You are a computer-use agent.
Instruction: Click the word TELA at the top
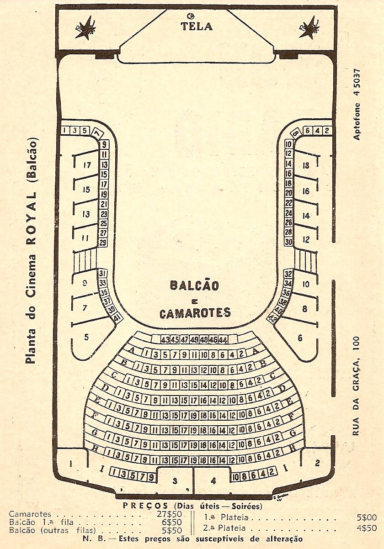tap(197, 26)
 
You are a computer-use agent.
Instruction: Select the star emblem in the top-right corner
tap(309, 28)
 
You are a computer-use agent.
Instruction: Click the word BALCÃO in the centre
tap(194, 286)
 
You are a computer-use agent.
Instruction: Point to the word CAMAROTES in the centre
tap(195, 313)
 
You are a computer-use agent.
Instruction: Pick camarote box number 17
tap(86, 165)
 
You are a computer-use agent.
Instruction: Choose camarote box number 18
tap(306, 165)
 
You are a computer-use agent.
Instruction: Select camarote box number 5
tap(87, 338)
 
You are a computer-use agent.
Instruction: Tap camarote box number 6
tap(300, 338)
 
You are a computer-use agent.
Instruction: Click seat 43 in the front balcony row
tap(165, 340)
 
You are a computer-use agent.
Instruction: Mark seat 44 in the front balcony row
tap(223, 340)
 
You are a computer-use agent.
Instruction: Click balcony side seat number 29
tap(103, 242)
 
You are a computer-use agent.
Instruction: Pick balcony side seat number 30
tap(288, 243)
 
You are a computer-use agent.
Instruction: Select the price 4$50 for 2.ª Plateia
tap(367, 528)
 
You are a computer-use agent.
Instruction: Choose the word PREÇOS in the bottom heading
tap(145, 506)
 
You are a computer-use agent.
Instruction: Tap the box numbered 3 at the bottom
tap(174, 481)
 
